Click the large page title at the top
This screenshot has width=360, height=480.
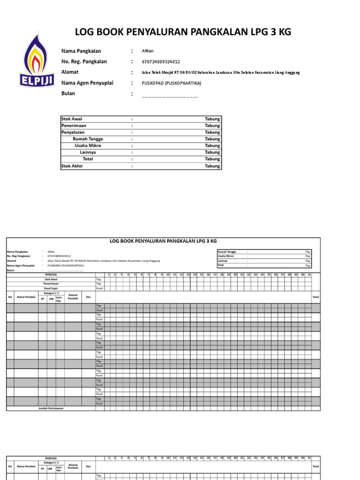click(x=183, y=32)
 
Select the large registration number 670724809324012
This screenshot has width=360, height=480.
click(x=160, y=62)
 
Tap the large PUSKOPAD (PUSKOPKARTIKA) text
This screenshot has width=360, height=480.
click(x=171, y=83)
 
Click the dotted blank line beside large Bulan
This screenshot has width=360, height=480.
click(x=170, y=96)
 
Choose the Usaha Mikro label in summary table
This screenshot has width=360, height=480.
click(x=88, y=146)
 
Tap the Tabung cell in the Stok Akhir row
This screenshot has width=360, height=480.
click(x=212, y=166)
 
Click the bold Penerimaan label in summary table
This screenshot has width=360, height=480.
click(x=74, y=126)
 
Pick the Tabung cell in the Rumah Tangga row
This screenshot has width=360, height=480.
click(x=212, y=139)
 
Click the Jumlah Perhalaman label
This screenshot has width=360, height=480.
click(x=51, y=408)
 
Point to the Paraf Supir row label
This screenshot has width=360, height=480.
click(x=51, y=288)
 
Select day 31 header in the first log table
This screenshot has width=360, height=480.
click(x=309, y=275)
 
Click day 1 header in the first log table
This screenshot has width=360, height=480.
click(x=108, y=275)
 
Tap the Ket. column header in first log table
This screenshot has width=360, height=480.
click(x=88, y=297)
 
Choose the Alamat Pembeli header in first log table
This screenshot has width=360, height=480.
click(x=73, y=297)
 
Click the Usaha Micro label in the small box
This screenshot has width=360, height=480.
click(x=226, y=256)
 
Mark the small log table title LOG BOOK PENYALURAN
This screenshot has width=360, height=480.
click(x=163, y=241)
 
